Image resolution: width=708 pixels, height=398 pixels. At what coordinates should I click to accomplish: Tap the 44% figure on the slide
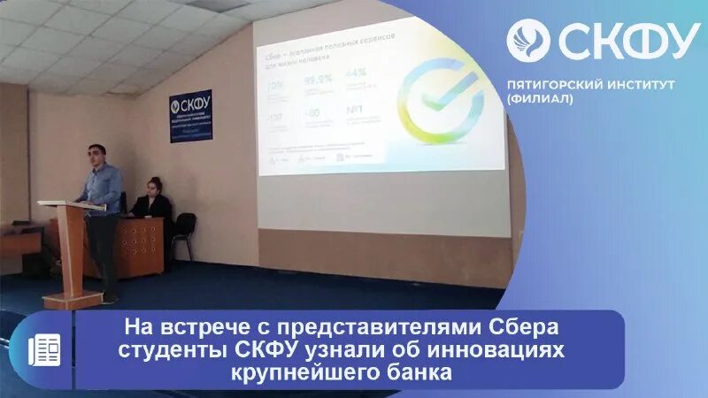tap(355, 73)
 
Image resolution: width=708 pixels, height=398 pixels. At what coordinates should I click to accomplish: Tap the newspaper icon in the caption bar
tap(43, 350)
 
